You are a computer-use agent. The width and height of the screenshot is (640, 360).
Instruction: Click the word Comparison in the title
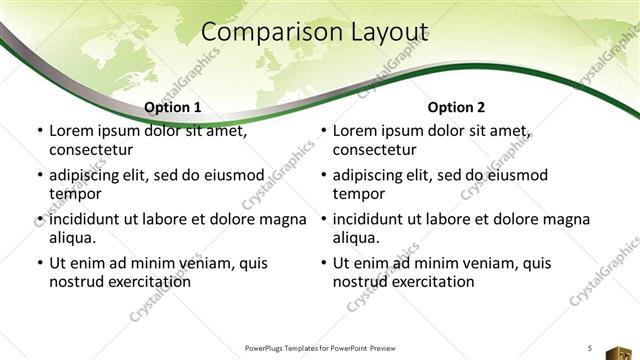point(262,33)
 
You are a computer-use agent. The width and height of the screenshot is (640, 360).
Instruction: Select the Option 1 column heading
point(173,107)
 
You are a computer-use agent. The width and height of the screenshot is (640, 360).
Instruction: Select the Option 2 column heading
point(457,107)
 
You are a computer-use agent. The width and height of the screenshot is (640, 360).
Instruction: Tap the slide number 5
point(589,347)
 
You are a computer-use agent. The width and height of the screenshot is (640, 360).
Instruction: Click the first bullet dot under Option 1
point(39,131)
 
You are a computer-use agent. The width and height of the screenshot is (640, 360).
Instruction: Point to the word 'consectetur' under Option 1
point(91,150)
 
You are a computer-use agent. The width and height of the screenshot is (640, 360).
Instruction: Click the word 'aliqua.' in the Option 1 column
point(72,238)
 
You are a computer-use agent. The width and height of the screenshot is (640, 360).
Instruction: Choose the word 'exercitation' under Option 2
point(430,282)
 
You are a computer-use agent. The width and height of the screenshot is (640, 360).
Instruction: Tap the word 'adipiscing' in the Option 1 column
point(89,175)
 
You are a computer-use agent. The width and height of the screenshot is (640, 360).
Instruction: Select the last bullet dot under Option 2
point(323,264)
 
